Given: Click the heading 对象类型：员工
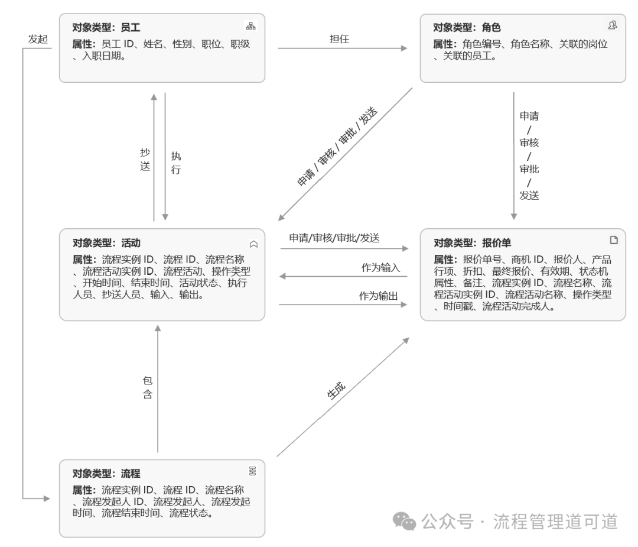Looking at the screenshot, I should point(106,27).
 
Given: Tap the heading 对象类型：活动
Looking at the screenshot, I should point(106,243).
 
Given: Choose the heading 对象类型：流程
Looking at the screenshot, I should point(106,473).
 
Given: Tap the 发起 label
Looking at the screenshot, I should point(38,39).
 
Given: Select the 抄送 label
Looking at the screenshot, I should point(145,158).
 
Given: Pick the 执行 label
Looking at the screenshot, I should point(176,163).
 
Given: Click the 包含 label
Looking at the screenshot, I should point(148,387).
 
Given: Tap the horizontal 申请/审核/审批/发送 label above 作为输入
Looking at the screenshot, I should point(334,238).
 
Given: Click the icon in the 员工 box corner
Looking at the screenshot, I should point(250,26).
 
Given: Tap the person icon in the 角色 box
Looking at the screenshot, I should point(612,25).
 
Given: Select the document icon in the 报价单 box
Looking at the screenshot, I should point(614,239).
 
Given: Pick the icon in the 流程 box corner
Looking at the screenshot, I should point(252,470).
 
